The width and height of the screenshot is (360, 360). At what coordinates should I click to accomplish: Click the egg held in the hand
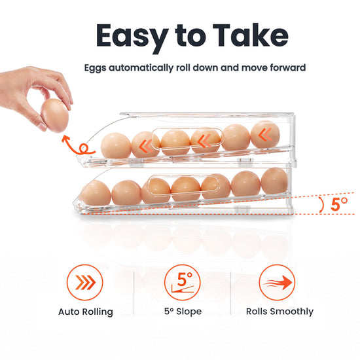click(x=55, y=115)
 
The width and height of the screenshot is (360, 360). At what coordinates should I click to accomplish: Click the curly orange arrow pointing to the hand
click(x=77, y=145)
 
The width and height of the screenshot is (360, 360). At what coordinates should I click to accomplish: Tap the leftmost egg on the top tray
click(x=116, y=145)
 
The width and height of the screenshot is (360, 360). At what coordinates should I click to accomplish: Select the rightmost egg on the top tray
click(x=265, y=134)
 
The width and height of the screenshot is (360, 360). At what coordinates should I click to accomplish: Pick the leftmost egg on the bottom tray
click(x=96, y=193)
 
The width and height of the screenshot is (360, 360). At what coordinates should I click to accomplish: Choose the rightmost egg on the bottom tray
click(x=274, y=181)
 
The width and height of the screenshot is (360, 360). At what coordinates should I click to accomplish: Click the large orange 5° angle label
click(x=339, y=204)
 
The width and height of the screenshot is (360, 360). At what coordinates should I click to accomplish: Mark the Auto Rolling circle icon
click(x=84, y=282)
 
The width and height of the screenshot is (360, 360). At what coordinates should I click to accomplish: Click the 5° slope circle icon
click(x=183, y=282)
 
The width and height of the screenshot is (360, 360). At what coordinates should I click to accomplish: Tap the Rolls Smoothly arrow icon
click(x=277, y=282)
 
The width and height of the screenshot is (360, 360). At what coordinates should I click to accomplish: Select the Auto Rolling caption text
click(x=86, y=312)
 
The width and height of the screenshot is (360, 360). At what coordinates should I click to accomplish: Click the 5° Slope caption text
click(x=183, y=312)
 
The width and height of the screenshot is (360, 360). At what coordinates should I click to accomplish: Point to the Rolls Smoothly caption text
click(x=279, y=312)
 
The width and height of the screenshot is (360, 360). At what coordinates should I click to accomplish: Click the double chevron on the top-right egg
click(x=265, y=135)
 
